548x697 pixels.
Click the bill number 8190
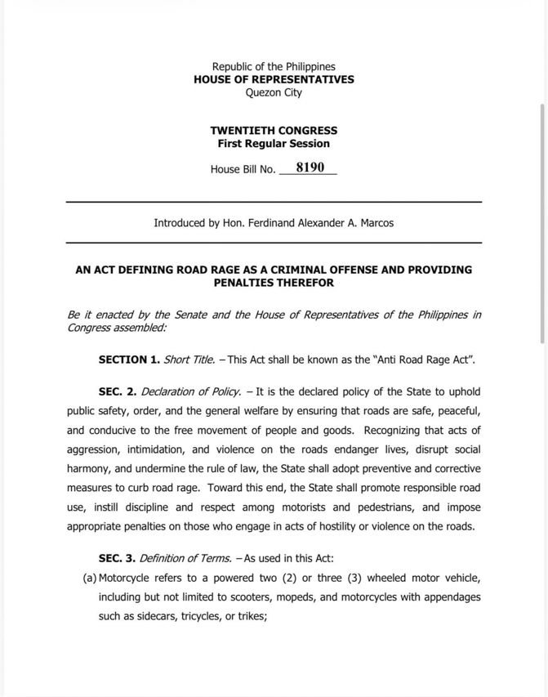pos(310,168)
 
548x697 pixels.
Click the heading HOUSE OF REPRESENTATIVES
pos(274,79)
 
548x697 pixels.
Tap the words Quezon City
pos(274,92)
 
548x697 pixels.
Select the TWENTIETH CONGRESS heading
pos(274,130)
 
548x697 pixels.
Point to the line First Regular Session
pos(274,143)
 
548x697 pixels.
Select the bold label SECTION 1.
pos(129,360)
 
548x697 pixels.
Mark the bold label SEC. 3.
pos(118,558)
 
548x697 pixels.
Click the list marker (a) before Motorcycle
pos(90,578)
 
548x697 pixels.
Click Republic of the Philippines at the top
pos(274,66)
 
